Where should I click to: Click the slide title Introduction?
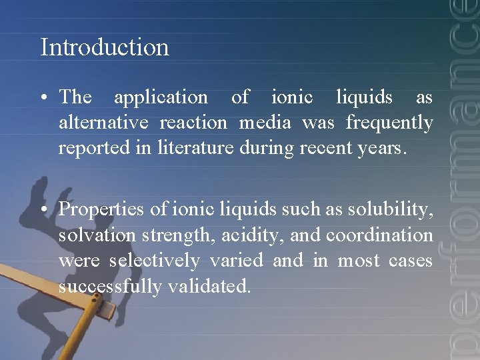click(105, 47)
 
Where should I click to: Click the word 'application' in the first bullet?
click(161, 98)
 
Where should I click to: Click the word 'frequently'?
click(389, 123)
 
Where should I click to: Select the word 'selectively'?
click(154, 261)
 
